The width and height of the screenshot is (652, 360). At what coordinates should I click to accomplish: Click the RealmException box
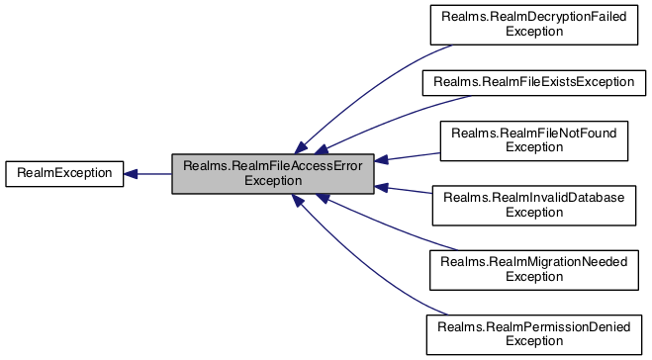(x=64, y=173)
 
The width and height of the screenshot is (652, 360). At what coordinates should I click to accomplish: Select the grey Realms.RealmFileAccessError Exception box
(x=272, y=173)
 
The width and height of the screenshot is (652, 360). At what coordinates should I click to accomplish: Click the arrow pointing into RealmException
(x=148, y=174)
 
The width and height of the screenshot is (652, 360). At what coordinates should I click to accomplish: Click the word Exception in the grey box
(x=272, y=181)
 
